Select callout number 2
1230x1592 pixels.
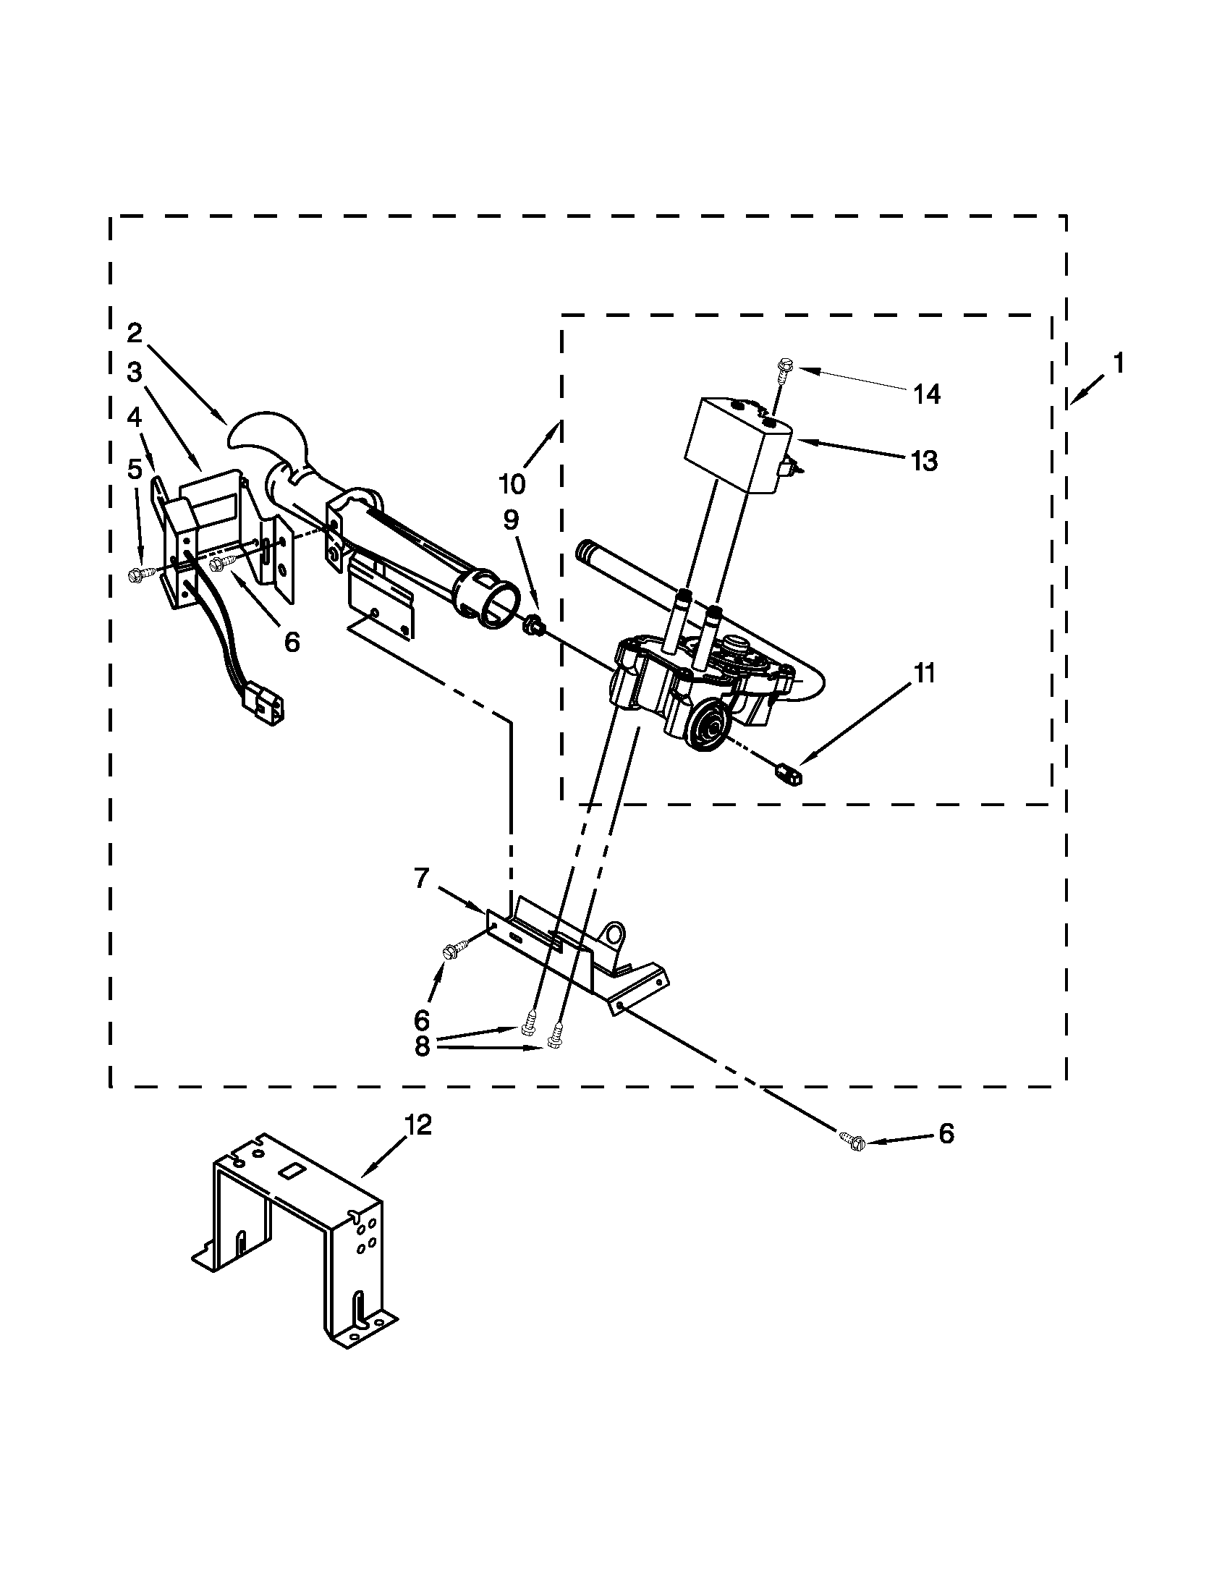(134, 333)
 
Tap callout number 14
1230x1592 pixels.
(927, 395)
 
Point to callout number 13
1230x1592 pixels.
(924, 461)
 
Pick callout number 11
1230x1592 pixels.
(924, 674)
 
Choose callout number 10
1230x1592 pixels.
(512, 483)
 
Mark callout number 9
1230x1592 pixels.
(511, 520)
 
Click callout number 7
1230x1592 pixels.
(422, 879)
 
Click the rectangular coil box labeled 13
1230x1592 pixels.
(732, 444)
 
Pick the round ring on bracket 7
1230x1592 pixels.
(614, 932)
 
